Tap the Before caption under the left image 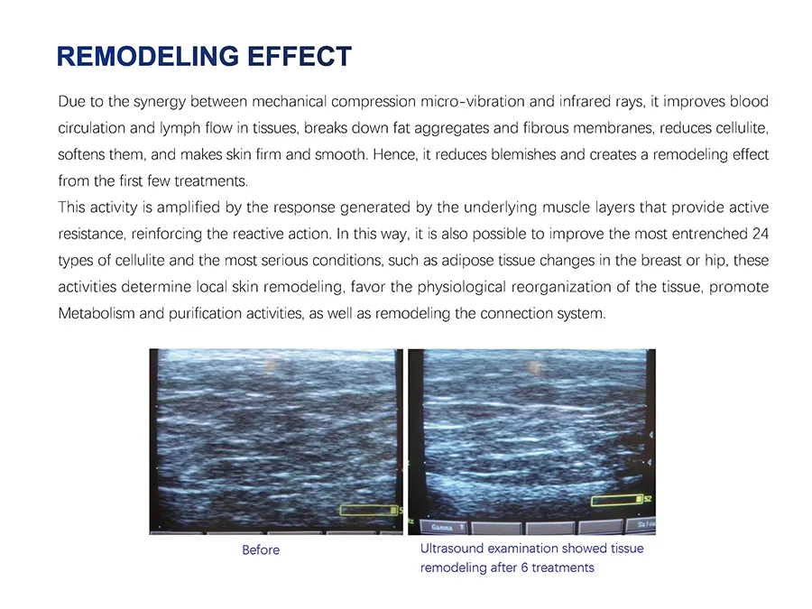point(261,549)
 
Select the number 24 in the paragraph point(760,235)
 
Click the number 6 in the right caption point(523,568)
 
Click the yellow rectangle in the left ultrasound point(369,510)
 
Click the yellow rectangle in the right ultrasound point(615,500)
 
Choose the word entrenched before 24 point(710,235)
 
